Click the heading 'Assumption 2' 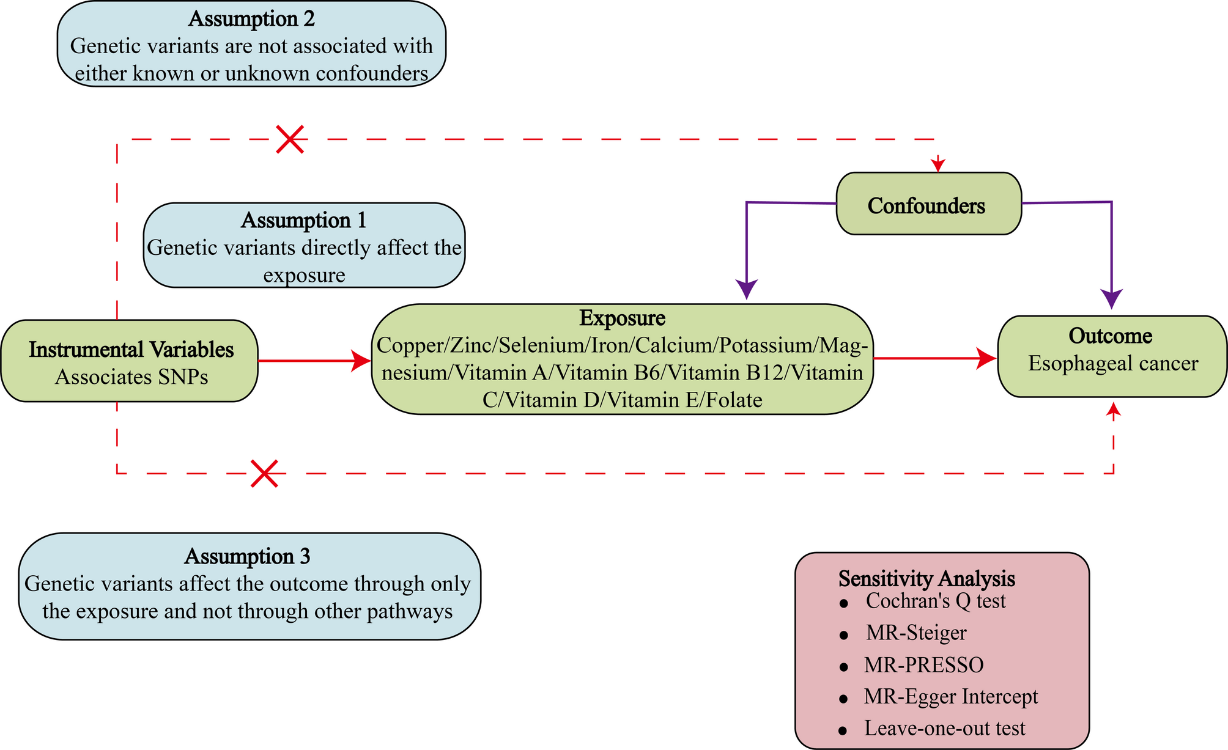coord(251,19)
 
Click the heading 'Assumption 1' coord(304,220)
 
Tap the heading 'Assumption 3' coord(248,556)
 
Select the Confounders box coord(928,204)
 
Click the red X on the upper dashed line coord(290,139)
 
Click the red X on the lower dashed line coord(265,474)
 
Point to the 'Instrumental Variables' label coord(131,350)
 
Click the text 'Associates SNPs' coord(131,377)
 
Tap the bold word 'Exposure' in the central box coord(623,318)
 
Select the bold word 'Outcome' coord(1110,336)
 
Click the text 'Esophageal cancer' coord(1113,363)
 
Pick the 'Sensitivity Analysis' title coord(927,578)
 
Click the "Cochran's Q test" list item coord(936,601)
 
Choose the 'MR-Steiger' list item coord(916,632)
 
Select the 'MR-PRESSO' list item coord(923,664)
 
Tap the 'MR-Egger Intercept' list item coord(951,696)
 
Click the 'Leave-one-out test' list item coord(944,728)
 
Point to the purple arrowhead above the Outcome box coord(1111,298)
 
